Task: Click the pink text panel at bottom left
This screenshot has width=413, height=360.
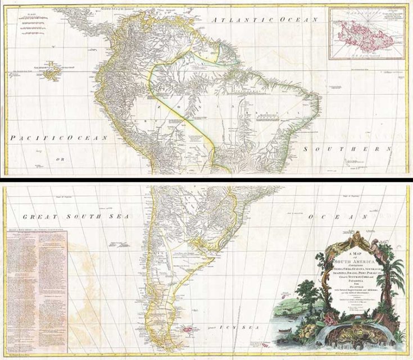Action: click(x=36, y=290)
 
